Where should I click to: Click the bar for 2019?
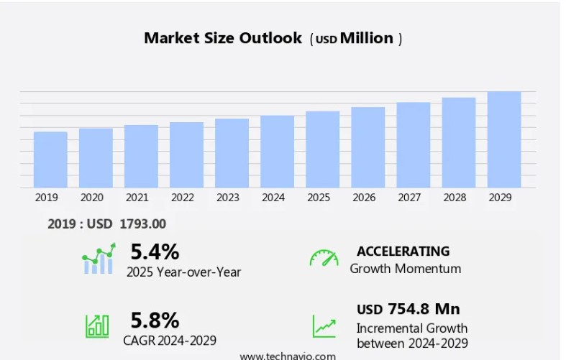(x=50, y=160)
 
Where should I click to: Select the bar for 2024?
(x=277, y=152)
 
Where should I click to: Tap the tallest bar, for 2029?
(x=503, y=139)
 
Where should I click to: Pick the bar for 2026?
(x=368, y=147)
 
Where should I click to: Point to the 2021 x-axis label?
(x=137, y=198)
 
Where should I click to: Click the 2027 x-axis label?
(x=409, y=198)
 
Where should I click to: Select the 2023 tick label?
(x=228, y=198)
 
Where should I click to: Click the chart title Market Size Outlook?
(x=223, y=38)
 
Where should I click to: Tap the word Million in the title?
(x=367, y=38)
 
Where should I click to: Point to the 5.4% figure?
(x=155, y=251)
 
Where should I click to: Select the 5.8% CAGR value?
(x=155, y=320)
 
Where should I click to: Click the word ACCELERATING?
(x=403, y=251)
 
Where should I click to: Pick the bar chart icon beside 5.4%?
(x=99, y=259)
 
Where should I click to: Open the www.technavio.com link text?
(x=288, y=356)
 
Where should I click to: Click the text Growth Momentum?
(x=405, y=269)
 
